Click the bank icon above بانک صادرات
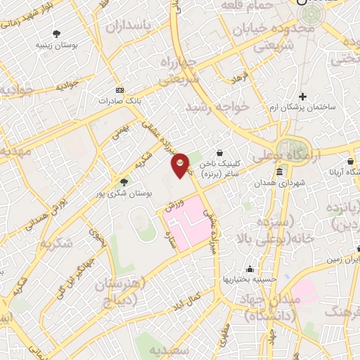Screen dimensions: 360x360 119,90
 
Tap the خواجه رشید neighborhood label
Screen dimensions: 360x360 218,108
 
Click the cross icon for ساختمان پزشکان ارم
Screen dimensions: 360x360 303,96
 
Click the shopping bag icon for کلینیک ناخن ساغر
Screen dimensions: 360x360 220,153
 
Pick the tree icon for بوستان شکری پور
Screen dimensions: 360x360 124,182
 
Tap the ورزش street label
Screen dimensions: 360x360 173,205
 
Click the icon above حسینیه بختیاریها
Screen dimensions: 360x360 250,269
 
